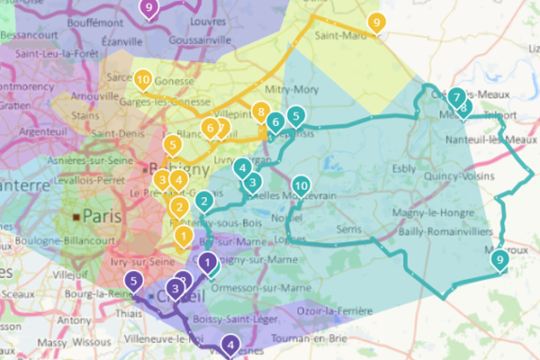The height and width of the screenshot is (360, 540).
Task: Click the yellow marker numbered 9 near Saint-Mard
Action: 375,22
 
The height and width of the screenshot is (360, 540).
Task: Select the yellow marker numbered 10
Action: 143,79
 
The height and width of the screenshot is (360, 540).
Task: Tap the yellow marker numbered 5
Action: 172,143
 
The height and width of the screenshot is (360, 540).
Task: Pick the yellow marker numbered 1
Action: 184,237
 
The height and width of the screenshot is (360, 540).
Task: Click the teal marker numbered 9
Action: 499,260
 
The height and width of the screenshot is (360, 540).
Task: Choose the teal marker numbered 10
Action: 301,185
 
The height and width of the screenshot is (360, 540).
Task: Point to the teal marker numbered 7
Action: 456,96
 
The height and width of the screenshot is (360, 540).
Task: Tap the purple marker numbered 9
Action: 149,8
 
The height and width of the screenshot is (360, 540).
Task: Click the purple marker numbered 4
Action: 231,344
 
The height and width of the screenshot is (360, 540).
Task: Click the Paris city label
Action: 101,215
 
